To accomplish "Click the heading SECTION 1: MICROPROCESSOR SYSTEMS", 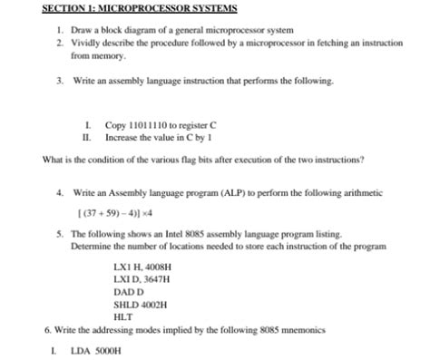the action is [x=140, y=9].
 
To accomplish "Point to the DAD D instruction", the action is [x=127, y=293].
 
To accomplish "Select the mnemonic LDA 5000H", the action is [x=95, y=350].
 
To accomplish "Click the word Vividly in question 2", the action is [x=89, y=43].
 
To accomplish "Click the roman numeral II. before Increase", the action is [x=87, y=138].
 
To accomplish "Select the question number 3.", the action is [x=58, y=81].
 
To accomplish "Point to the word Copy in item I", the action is [x=115, y=125].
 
